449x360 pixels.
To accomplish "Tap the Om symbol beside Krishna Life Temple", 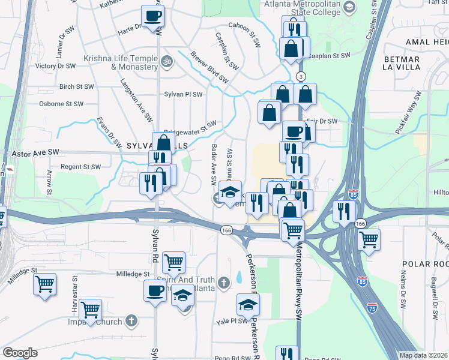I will click(x=167, y=61).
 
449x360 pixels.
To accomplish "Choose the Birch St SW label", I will click(x=76, y=86).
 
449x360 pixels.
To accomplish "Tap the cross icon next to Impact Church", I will click(x=132, y=320).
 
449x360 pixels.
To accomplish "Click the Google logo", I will click(x=20, y=352).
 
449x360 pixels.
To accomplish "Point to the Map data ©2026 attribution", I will click(x=424, y=355).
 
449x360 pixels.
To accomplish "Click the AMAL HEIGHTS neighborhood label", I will click(x=425, y=42).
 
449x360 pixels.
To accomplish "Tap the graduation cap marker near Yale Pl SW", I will click(x=247, y=305).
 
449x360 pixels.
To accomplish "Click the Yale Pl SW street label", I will click(x=232, y=321).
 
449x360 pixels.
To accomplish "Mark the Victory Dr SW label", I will click(x=55, y=66).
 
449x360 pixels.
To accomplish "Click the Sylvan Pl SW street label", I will click(x=183, y=94).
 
